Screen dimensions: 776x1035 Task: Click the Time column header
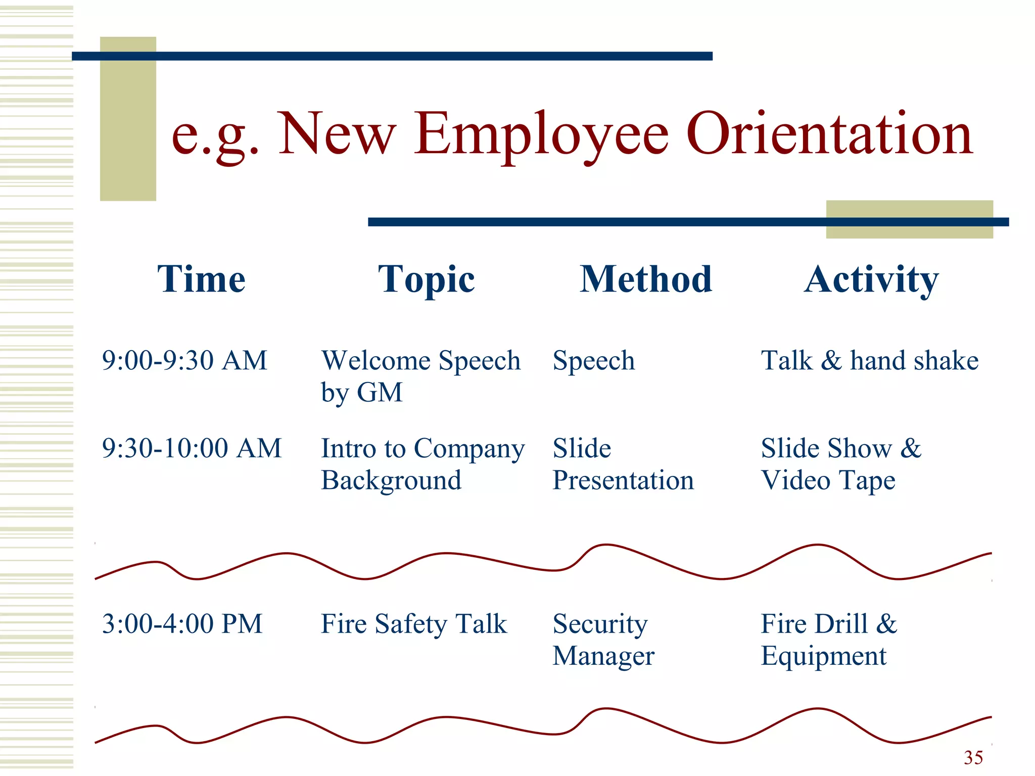pos(201,279)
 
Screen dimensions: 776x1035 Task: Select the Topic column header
pos(426,280)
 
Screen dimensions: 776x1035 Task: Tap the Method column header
pos(645,279)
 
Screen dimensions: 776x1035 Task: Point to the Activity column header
pos(871,280)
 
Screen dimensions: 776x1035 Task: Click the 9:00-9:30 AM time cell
pos(184,361)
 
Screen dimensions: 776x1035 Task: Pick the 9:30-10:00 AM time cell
pos(192,448)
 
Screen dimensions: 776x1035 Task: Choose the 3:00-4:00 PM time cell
pos(182,623)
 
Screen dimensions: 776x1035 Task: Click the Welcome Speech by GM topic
pos(420,376)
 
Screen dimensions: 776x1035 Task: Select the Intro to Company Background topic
pos(422,464)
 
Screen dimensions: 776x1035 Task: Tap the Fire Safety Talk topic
pos(413,624)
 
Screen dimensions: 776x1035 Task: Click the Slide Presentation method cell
pos(623,464)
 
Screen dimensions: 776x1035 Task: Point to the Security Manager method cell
pos(603,640)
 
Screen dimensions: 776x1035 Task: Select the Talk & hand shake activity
pos(870,361)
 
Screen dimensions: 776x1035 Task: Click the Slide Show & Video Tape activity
pos(841,464)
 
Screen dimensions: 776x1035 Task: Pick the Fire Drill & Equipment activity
pos(829,640)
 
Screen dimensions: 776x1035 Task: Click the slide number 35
pos(973,757)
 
